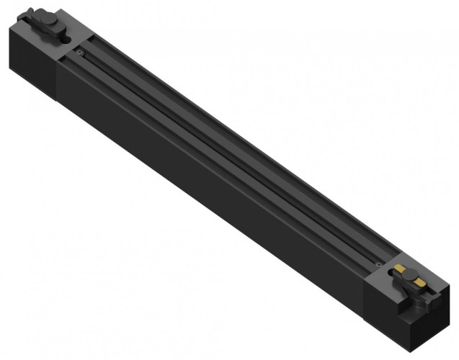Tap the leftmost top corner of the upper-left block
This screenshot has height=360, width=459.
coord(12,27)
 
